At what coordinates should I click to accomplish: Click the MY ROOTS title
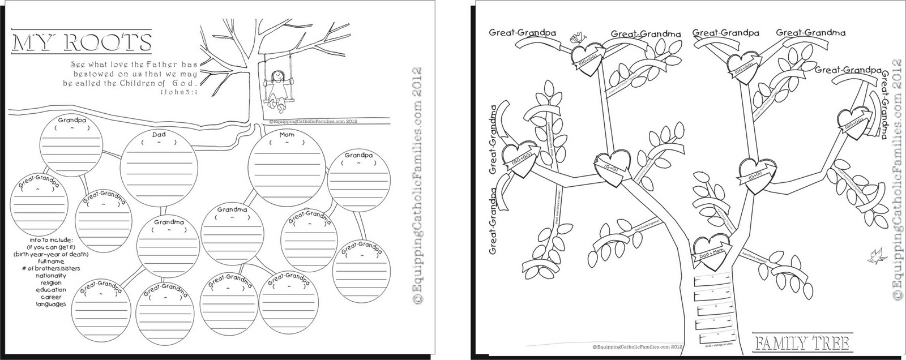click(83, 43)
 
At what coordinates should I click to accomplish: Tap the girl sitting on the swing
click(277, 88)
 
